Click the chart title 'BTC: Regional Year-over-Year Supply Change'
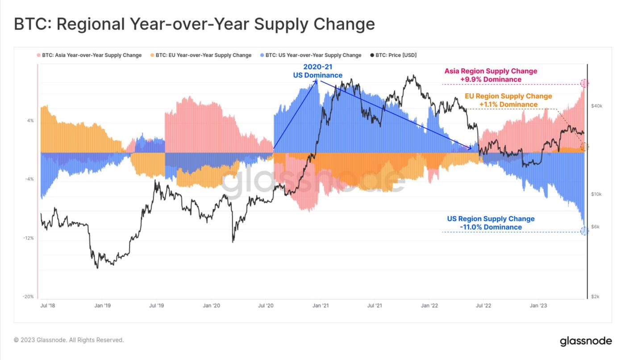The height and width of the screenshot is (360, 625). [x=194, y=24]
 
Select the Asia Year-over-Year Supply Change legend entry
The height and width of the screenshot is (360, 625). [x=89, y=55]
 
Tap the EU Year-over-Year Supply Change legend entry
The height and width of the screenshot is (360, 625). [x=201, y=55]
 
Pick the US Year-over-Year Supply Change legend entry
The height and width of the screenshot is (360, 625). [x=311, y=55]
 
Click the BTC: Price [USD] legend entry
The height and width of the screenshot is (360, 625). [x=393, y=55]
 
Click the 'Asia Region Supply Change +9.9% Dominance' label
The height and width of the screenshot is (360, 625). [x=491, y=75]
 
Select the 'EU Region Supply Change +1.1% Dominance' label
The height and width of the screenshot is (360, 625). [x=508, y=100]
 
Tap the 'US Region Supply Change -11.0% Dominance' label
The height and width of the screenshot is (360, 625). [x=491, y=223]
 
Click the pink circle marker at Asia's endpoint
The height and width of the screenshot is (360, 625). [x=584, y=83]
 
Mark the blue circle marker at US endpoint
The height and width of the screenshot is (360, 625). [x=584, y=231]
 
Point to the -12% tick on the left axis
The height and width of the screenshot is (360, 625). [x=29, y=238]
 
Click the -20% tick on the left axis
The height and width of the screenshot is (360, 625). [x=29, y=297]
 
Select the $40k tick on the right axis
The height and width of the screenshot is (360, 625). [x=596, y=106]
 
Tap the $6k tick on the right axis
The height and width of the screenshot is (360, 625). [x=596, y=227]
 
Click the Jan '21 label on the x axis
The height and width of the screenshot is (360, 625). [x=321, y=306]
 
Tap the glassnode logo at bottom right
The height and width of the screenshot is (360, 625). [x=586, y=341]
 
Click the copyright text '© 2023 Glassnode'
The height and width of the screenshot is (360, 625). [x=69, y=340]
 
